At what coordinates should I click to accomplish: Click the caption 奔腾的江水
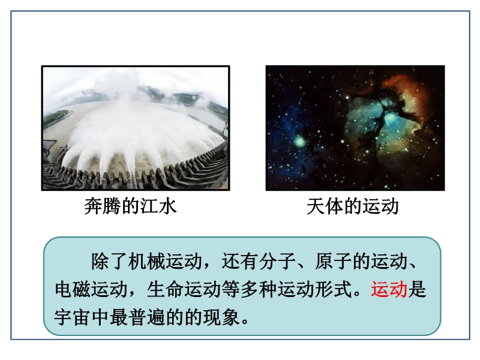click(x=130, y=206)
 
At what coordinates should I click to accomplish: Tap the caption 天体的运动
click(x=353, y=206)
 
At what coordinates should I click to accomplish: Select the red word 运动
click(x=389, y=289)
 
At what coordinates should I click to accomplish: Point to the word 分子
click(x=277, y=262)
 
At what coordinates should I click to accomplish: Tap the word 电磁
click(x=73, y=289)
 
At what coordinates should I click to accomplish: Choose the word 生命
click(x=166, y=289)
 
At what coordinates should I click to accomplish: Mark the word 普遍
click(x=147, y=317)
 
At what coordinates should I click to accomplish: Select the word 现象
click(x=221, y=317)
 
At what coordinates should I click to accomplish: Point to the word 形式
click(x=333, y=289)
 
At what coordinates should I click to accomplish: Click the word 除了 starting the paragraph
click(x=109, y=262)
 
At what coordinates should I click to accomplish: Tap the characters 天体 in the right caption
click(x=325, y=206)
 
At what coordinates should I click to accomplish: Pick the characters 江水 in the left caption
click(x=158, y=206)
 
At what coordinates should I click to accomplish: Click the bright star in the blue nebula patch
click(x=299, y=142)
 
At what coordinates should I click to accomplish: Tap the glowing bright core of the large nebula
click(x=389, y=118)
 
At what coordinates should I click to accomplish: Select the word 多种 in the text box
click(x=259, y=289)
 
